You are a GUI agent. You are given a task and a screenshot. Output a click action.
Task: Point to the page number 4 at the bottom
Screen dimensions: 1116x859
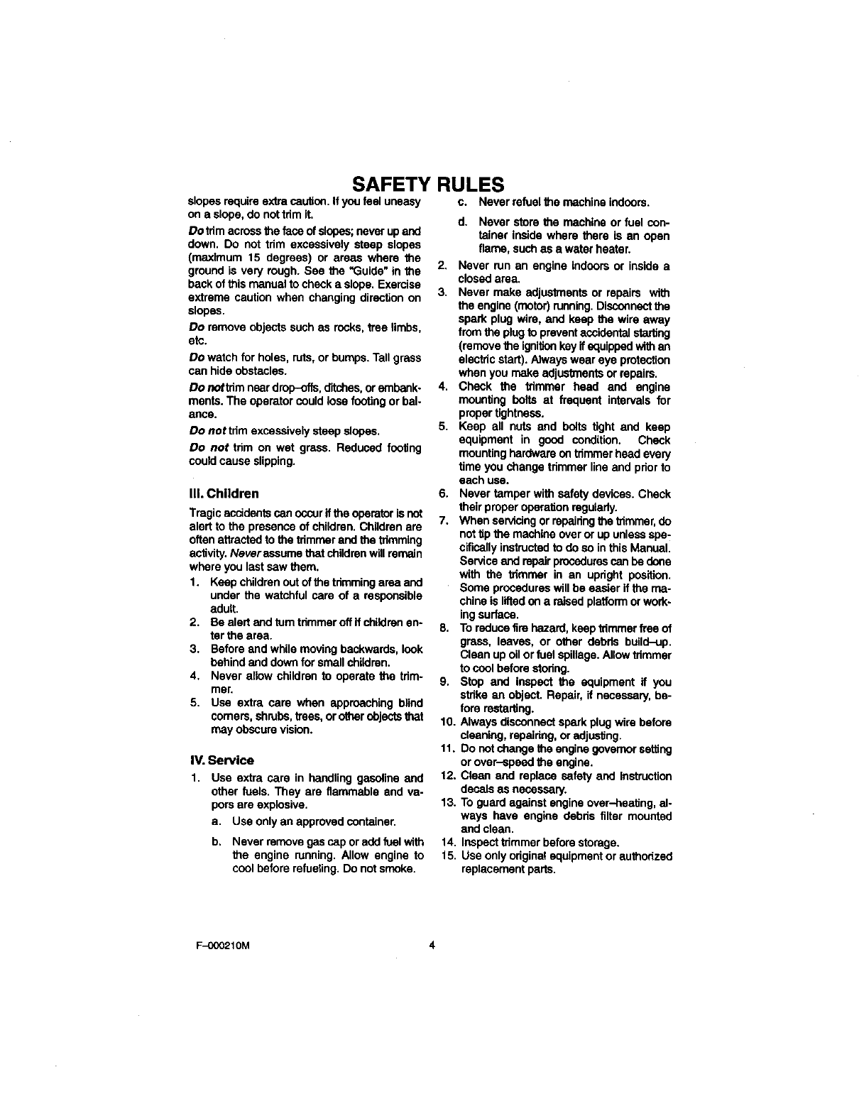coord(431,945)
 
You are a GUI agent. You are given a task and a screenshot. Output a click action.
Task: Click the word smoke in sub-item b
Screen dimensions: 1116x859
coord(398,869)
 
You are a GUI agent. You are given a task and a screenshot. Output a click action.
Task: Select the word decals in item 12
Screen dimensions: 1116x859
coord(476,789)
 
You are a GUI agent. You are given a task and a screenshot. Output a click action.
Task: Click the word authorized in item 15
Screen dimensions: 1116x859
coord(645,856)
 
